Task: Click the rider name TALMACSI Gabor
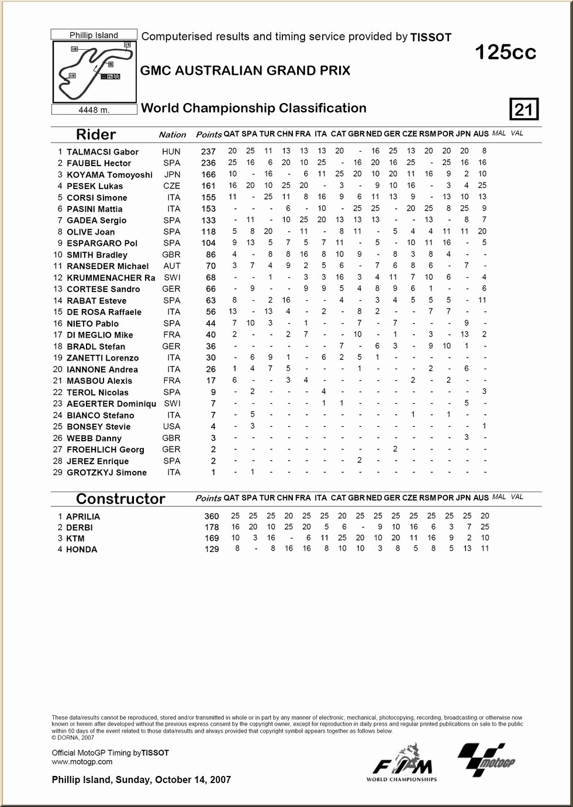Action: (102, 152)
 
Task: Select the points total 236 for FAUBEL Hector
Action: (208, 163)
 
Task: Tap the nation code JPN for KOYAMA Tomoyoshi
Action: (172, 174)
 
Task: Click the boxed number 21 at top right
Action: (524, 109)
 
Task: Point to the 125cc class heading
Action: (505, 53)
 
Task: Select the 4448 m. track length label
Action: (94, 109)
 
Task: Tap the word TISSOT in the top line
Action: (431, 37)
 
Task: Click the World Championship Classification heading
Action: (254, 108)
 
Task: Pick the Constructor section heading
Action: (120, 499)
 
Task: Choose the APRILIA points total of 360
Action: (211, 516)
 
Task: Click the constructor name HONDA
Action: (82, 550)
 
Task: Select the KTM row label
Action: (75, 538)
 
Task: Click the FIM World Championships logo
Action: (402, 764)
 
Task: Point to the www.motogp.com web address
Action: (82, 761)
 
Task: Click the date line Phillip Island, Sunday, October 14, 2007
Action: (141, 779)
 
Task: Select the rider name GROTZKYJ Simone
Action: (106, 473)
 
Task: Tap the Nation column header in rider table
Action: (172, 135)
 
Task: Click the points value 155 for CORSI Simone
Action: (208, 198)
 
